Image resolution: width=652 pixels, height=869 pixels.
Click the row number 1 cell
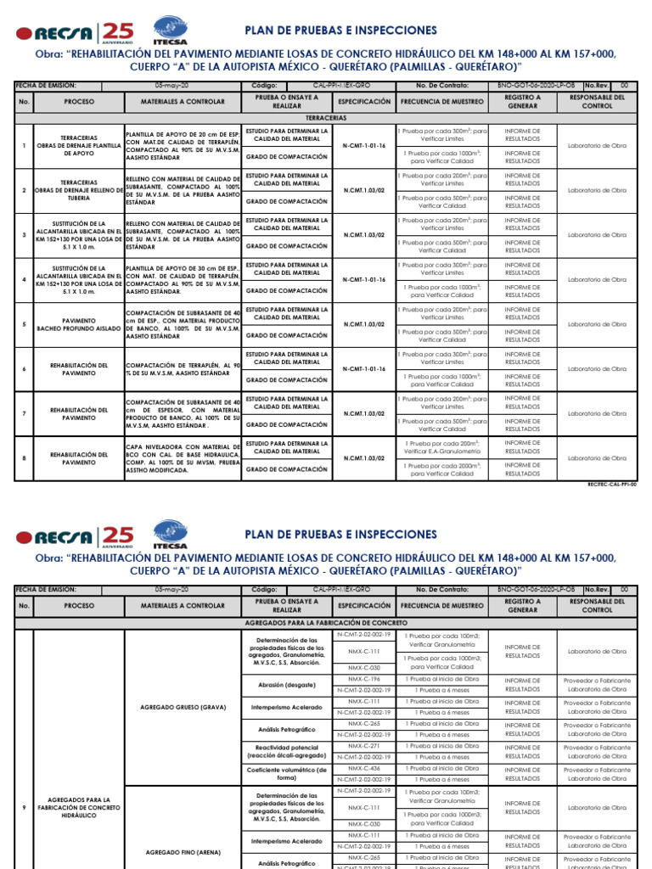25,145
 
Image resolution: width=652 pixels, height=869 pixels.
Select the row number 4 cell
25,279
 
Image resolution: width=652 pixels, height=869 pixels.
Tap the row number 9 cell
25,806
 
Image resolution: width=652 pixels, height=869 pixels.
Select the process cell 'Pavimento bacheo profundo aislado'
79,324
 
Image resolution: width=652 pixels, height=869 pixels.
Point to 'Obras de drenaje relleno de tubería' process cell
79,190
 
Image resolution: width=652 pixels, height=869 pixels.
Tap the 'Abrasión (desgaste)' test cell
288,684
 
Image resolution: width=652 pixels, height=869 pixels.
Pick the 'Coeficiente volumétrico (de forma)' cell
288,772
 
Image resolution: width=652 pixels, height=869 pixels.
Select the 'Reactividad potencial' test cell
288,750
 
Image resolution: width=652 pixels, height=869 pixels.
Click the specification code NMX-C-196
363,679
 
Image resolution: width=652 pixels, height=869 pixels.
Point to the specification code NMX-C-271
363,745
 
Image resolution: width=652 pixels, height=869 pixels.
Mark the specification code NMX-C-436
363,767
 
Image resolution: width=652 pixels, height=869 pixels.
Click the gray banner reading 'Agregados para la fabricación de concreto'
325,623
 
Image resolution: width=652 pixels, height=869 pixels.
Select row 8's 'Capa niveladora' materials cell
183,457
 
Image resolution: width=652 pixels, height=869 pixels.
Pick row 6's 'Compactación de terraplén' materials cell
183,368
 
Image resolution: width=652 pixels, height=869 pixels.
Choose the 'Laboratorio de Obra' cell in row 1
598,145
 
